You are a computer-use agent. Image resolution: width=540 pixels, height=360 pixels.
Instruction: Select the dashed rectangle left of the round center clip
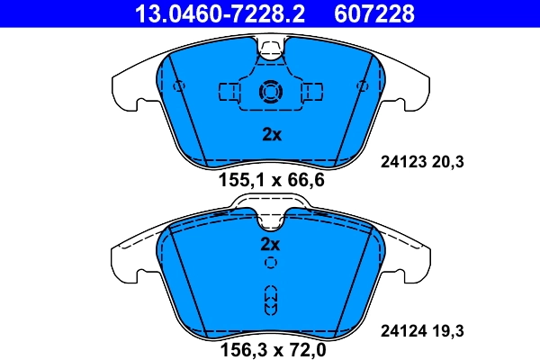[x=229, y=91]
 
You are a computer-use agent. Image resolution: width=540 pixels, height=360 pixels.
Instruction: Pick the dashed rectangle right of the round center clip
[x=312, y=91]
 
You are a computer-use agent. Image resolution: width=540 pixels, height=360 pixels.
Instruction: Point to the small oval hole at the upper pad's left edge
[x=177, y=86]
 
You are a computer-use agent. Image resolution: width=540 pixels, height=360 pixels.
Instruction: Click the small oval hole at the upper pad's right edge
[x=363, y=86]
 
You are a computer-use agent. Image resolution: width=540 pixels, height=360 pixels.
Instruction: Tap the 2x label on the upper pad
[x=271, y=136]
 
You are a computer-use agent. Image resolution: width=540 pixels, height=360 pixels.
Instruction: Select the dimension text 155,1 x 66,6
[x=271, y=180]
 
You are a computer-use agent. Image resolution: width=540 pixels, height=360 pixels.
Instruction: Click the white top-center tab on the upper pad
[x=270, y=48]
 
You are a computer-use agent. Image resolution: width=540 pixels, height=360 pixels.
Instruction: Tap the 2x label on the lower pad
[x=271, y=244]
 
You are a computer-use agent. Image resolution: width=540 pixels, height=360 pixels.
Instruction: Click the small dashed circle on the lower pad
[x=270, y=263]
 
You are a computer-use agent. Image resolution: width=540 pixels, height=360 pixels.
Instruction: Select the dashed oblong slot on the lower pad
[x=270, y=300]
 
